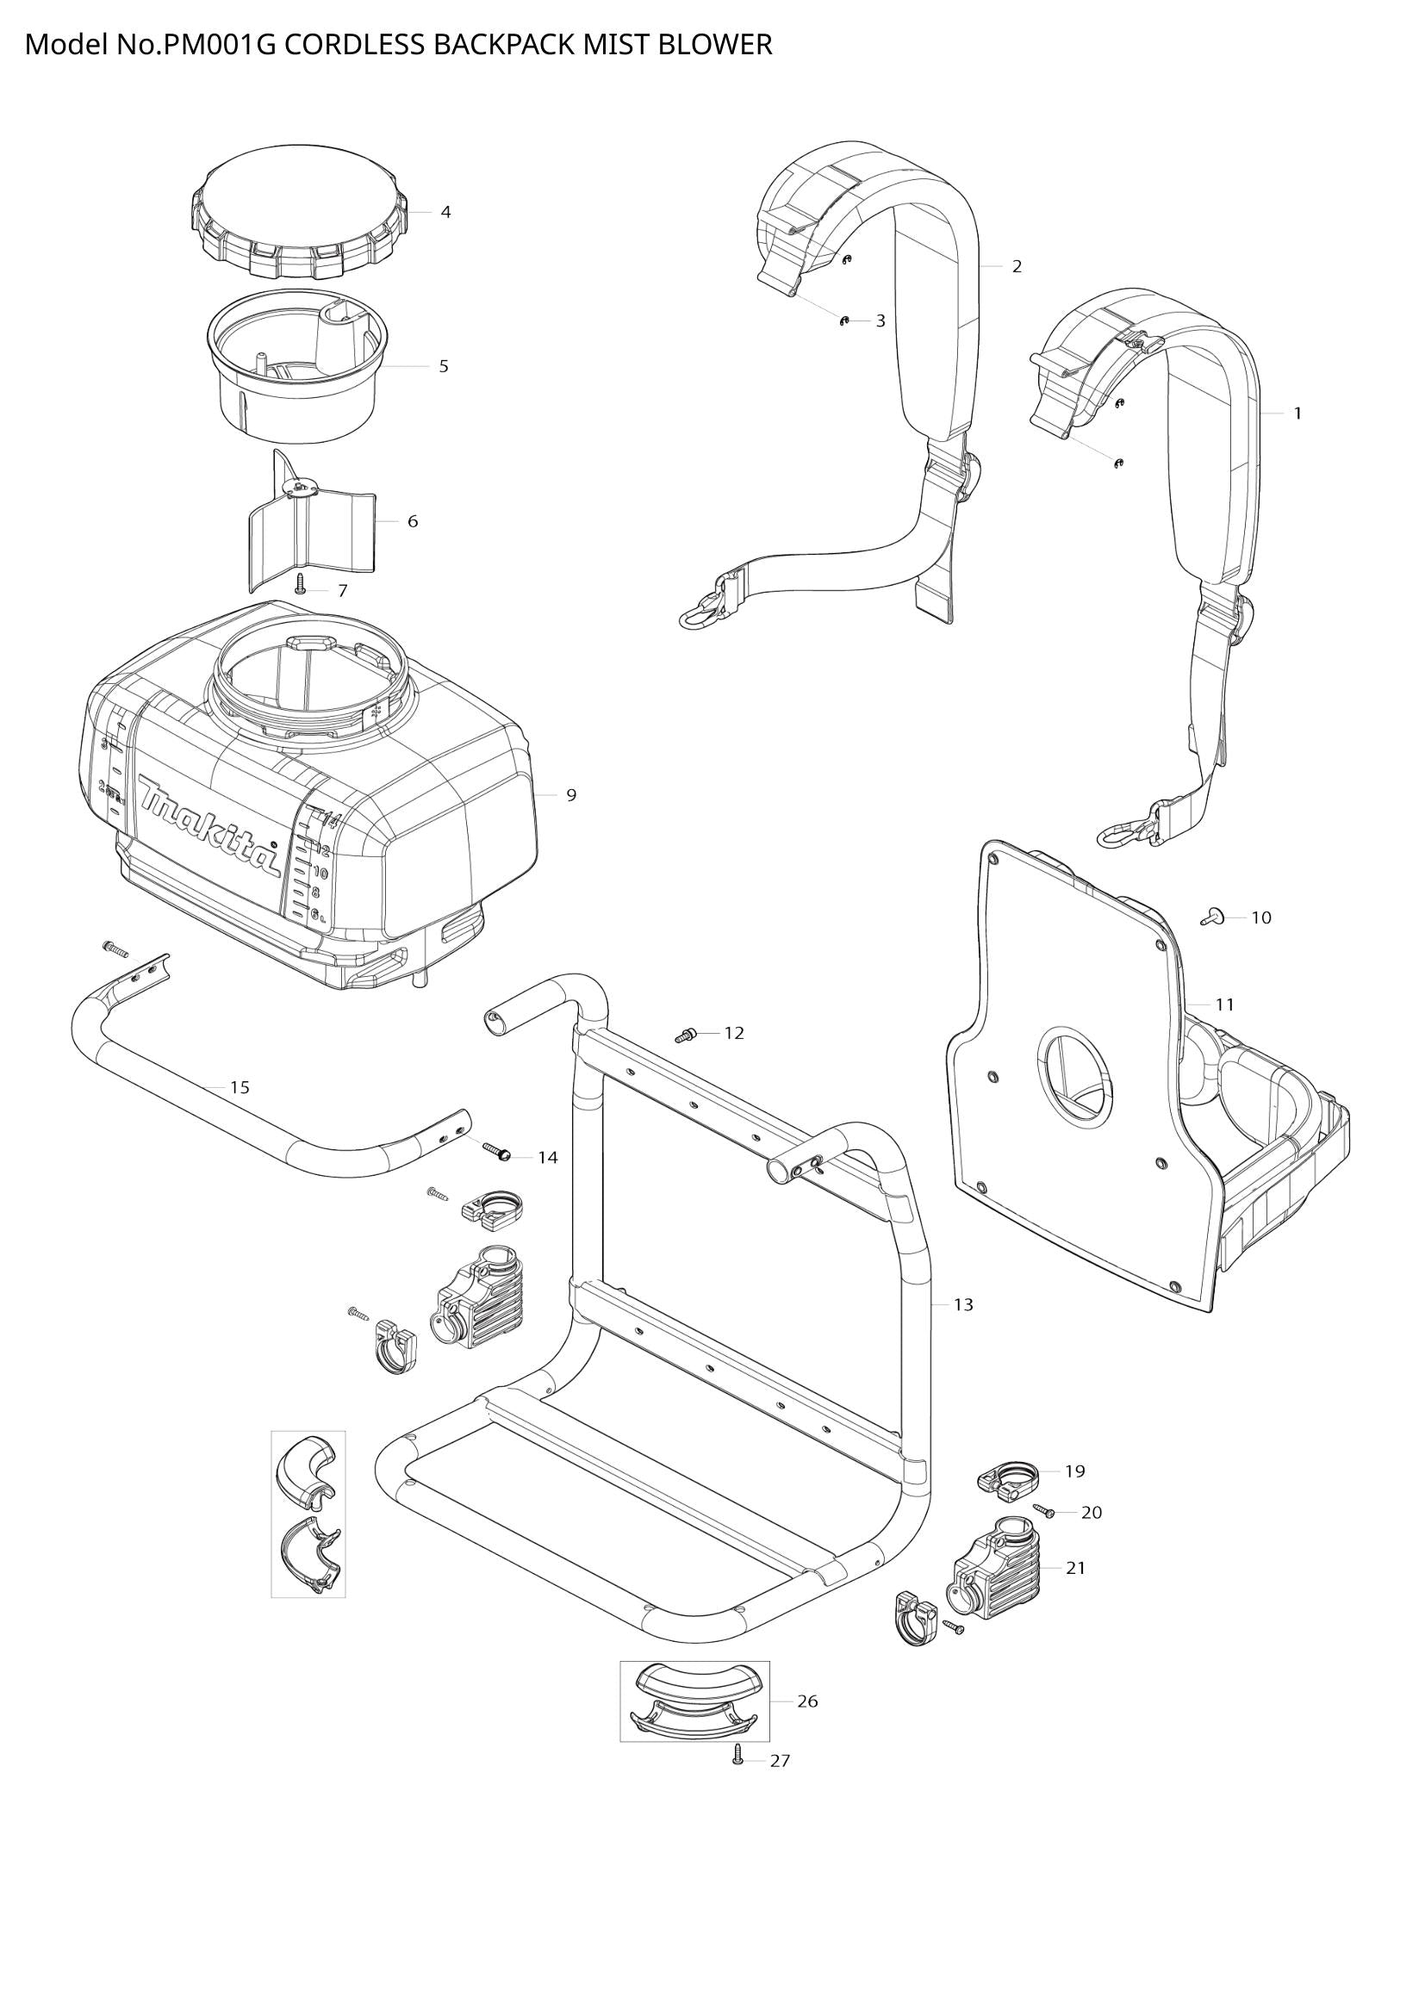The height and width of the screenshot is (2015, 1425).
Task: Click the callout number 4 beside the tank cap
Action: [445, 213]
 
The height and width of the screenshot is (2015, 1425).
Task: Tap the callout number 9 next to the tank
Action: [571, 795]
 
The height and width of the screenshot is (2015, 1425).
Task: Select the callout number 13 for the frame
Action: [963, 1305]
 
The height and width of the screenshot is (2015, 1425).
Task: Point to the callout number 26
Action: [807, 1701]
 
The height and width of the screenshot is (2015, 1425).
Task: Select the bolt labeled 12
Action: [685, 1035]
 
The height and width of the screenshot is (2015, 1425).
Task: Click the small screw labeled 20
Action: [1045, 1511]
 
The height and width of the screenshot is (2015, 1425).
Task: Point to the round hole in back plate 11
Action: [1075, 1077]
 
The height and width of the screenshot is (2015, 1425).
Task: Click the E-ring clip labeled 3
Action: [844, 321]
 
